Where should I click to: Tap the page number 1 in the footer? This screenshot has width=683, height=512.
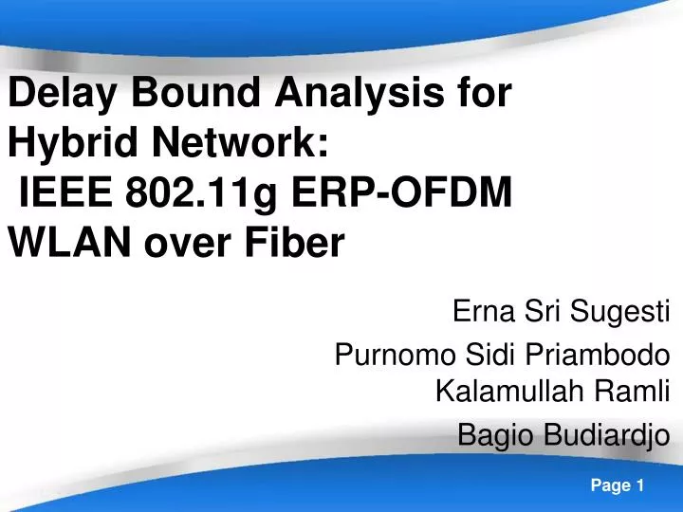[x=641, y=485]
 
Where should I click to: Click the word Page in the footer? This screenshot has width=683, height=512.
[x=611, y=485]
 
